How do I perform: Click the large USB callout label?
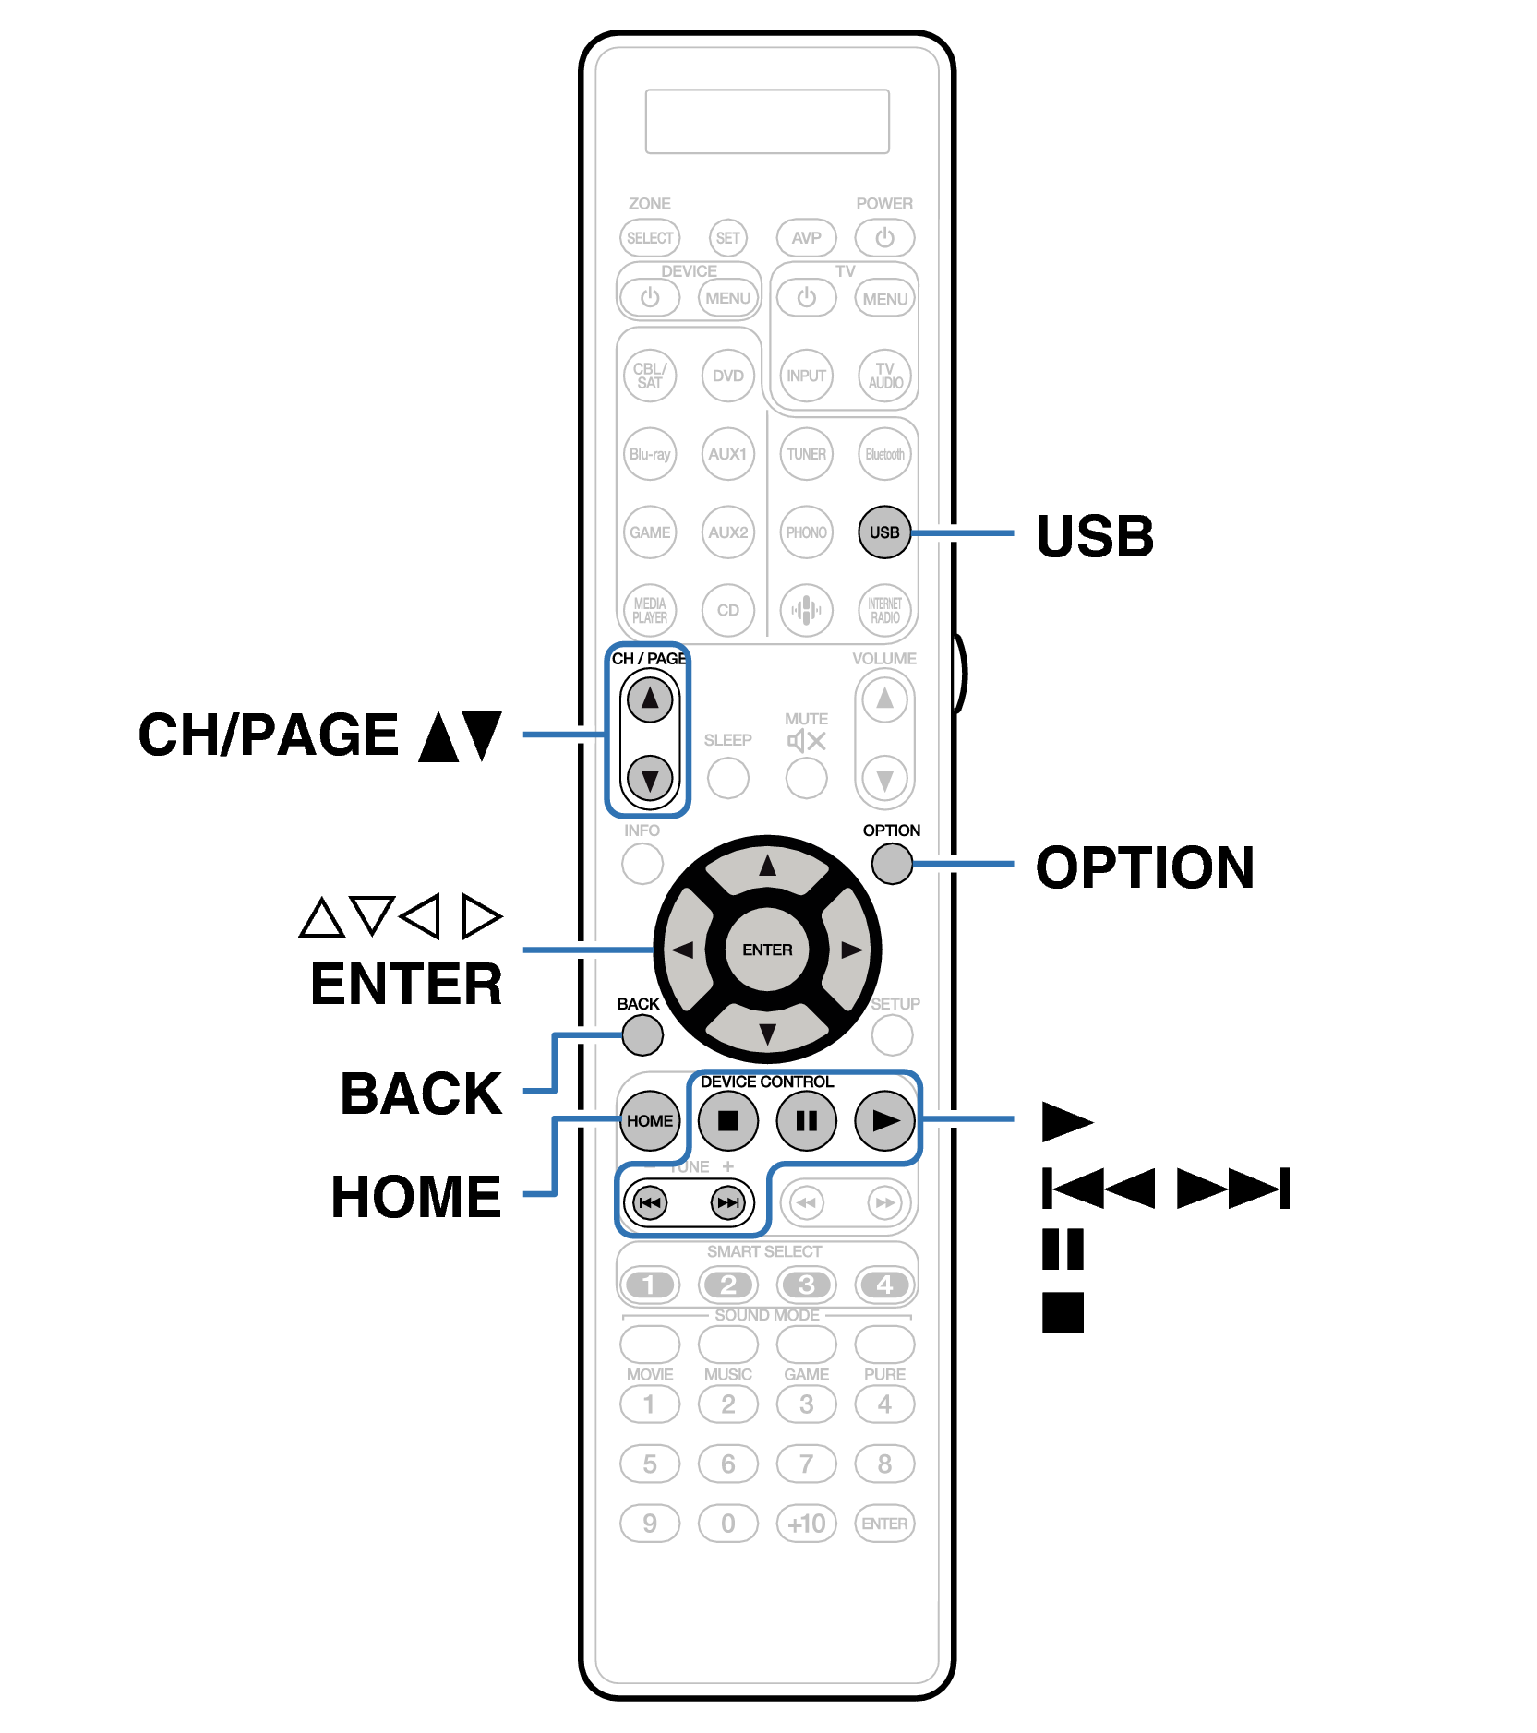tap(1094, 536)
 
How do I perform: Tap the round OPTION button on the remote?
tap(891, 864)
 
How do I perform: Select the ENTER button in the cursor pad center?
tap(767, 950)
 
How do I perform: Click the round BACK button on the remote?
tap(642, 1034)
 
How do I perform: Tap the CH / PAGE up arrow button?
tap(650, 699)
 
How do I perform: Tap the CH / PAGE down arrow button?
tap(650, 779)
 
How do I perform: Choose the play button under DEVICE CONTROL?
tap(884, 1120)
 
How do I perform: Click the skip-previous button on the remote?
tap(650, 1202)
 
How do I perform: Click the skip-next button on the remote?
tap(728, 1202)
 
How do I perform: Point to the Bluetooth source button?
tap(884, 454)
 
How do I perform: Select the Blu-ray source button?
tap(650, 454)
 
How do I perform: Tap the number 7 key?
tap(806, 1464)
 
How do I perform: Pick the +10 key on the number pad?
tap(806, 1523)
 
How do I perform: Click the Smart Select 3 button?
tap(806, 1285)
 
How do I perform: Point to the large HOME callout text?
tap(415, 1197)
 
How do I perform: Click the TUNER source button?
tap(806, 454)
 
